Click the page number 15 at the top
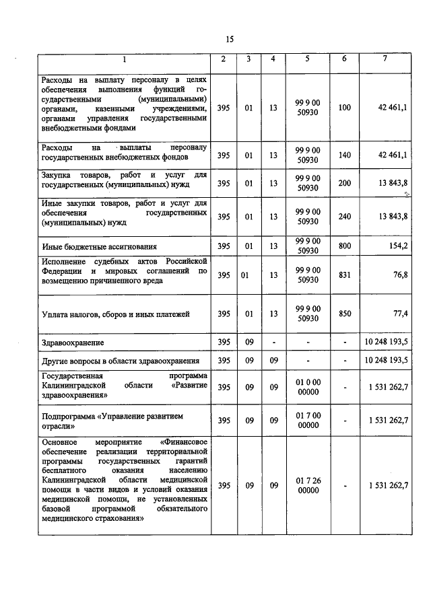click(230, 39)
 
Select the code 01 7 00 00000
click(308, 421)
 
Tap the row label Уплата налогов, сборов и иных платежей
click(116, 314)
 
